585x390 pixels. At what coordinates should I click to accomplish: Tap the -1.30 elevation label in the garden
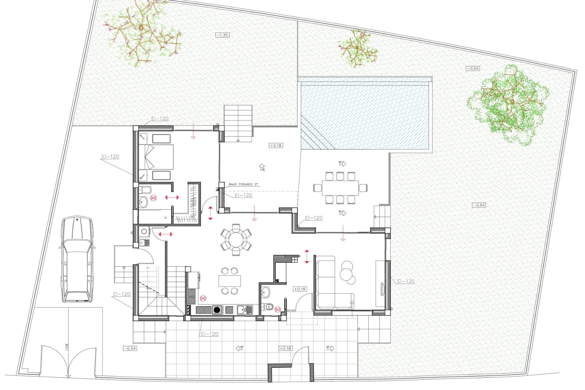[x=222, y=35]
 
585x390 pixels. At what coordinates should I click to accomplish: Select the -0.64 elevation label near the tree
[x=473, y=69]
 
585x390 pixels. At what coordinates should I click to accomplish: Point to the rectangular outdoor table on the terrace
[x=340, y=187]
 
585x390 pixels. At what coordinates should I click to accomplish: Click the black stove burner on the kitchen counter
[x=217, y=310]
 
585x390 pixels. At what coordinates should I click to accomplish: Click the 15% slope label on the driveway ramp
[x=66, y=347]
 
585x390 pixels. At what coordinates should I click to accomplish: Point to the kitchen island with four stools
[x=229, y=281]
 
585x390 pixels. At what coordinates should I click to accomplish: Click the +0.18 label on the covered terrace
[x=275, y=146]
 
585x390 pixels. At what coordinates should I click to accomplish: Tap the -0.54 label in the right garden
[x=479, y=205]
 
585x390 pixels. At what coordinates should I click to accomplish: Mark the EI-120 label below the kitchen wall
[x=210, y=334]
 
